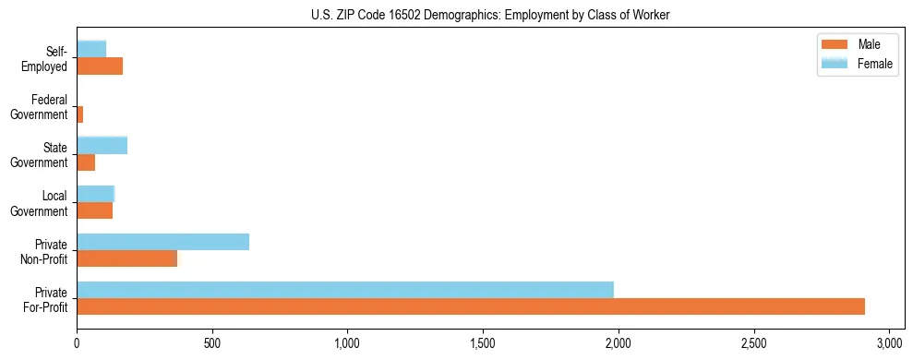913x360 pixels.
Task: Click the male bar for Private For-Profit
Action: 471,306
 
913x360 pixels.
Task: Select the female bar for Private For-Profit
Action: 345,289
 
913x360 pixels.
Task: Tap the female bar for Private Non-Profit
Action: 163,242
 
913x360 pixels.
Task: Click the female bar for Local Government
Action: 95,193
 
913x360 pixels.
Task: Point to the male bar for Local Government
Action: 95,210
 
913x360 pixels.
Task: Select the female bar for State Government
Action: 102,145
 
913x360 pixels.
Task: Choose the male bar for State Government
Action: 86,162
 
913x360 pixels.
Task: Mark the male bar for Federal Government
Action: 80,114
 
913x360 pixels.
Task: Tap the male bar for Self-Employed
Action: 100,66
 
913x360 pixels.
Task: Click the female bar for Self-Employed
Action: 91,49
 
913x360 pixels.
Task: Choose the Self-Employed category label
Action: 45,58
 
